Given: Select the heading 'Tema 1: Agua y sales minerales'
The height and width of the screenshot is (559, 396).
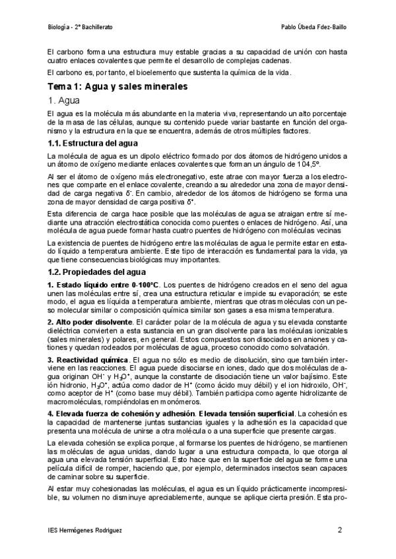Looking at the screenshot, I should [118, 86].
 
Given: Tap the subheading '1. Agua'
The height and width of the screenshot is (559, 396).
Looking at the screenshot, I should [63, 101].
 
